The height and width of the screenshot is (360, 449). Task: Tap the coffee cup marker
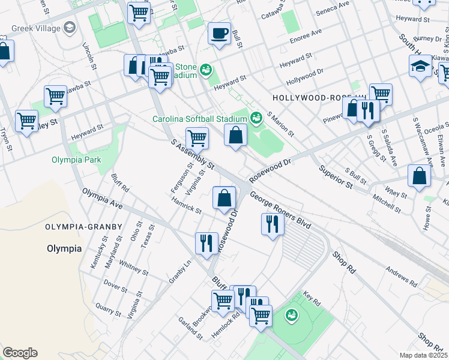[x=220, y=33]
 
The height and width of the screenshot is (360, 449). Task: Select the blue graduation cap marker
[x=421, y=67]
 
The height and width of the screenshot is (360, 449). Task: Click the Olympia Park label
[x=76, y=160]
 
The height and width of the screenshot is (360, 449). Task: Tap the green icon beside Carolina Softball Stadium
[x=256, y=118]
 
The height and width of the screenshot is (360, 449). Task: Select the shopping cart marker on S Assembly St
[x=197, y=139]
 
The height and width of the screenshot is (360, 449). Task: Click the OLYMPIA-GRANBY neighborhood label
[x=83, y=227]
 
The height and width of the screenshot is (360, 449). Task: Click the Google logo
[x=20, y=353]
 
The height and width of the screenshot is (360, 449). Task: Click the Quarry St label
[x=108, y=307]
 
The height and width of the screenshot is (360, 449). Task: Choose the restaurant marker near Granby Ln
[x=206, y=244]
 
